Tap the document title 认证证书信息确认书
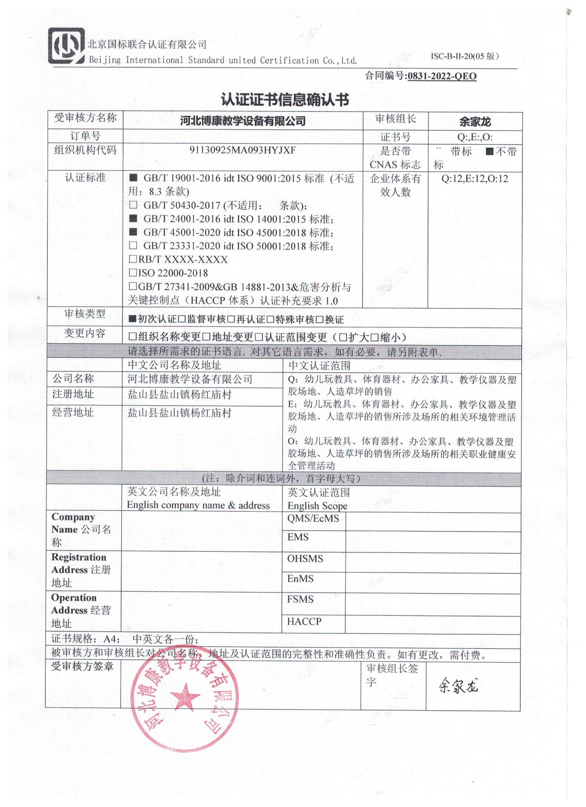[285, 100]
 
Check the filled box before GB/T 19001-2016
[133, 178]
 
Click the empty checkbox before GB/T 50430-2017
[133, 205]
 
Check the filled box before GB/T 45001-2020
[133, 232]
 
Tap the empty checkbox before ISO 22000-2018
[133, 273]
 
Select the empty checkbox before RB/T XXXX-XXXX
[133, 260]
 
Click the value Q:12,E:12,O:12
[475, 178]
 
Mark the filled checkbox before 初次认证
[133, 319]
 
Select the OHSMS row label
[305, 558]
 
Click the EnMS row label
[300, 578]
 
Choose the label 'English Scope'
[317, 506]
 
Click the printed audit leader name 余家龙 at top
[475, 122]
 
